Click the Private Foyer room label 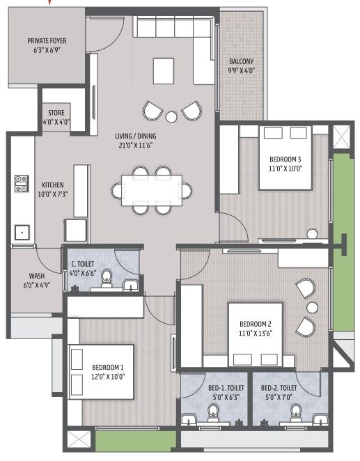point(47,41)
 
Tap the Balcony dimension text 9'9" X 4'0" point(241,71)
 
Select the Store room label point(56,113)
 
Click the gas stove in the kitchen point(22,184)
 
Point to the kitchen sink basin point(22,233)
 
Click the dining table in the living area point(152,191)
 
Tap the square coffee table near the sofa point(164,71)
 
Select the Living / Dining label point(136,136)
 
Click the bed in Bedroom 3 point(285,157)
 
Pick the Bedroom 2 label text point(256,325)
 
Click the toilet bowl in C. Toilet point(107,278)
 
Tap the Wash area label point(37,276)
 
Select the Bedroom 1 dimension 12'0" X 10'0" point(108,377)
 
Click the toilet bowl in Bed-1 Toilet point(213,413)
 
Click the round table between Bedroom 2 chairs point(312,308)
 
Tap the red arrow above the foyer point(50,2)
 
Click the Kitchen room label point(53,185)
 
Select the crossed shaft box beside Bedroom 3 point(342,137)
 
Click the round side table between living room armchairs point(171,117)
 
